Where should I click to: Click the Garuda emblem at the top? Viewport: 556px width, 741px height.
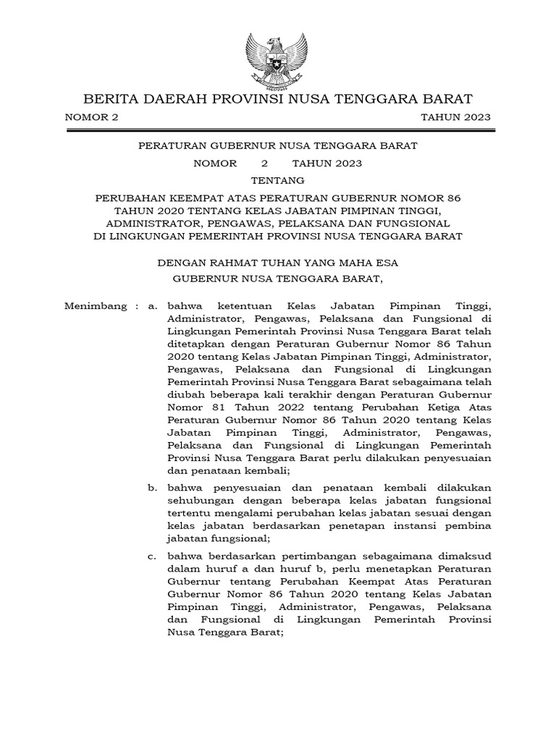pyautogui.click(x=278, y=57)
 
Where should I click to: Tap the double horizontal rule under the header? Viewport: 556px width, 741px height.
pyautogui.click(x=278, y=131)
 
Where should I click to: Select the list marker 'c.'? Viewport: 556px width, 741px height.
pyautogui.click(x=152, y=556)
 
